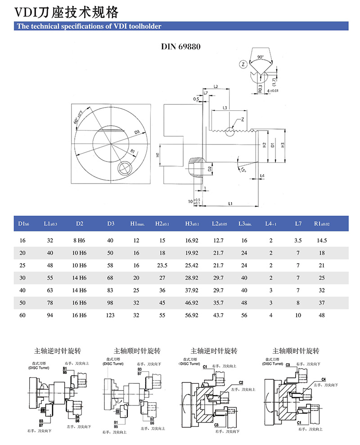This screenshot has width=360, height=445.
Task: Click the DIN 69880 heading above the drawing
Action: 180,46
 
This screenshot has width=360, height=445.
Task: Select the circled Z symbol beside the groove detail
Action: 243,64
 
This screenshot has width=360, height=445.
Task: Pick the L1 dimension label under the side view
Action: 230,203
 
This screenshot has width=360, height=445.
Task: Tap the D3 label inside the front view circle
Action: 137,132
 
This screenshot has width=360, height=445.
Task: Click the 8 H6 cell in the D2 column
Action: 80,241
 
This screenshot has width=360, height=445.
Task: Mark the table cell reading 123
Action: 110,315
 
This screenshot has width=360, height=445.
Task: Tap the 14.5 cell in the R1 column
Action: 322,241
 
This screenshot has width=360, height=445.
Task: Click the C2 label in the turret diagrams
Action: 241,382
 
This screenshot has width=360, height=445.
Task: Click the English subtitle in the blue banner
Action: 89,27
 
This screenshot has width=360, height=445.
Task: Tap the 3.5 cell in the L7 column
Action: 298,241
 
